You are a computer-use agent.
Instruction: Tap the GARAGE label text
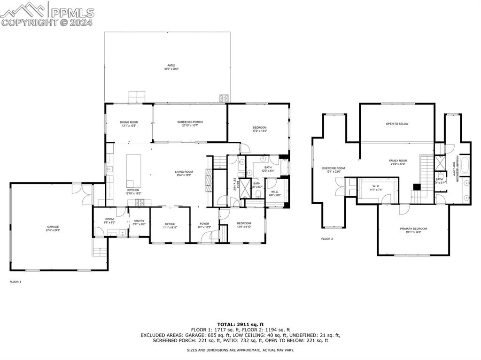pyautogui.click(x=53, y=227)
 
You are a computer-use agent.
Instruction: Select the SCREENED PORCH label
pyautogui.click(x=190, y=122)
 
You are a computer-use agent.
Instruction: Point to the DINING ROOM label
pyautogui.click(x=129, y=122)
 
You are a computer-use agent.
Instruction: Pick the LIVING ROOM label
pyautogui.click(x=184, y=172)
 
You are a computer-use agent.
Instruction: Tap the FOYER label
pyautogui.click(x=204, y=223)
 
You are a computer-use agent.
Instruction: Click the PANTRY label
pyautogui.click(x=139, y=221)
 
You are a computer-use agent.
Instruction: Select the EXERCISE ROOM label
pyautogui.click(x=334, y=168)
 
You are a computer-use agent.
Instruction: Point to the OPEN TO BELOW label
pyautogui.click(x=397, y=124)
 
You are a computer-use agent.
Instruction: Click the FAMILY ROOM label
pyautogui.click(x=398, y=161)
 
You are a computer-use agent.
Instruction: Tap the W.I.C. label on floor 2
pyautogui.click(x=376, y=186)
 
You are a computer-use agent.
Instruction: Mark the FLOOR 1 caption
pyautogui.click(x=16, y=282)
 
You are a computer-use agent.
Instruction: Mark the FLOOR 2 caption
pyautogui.click(x=327, y=239)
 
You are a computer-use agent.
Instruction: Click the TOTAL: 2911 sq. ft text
pyautogui.click(x=240, y=324)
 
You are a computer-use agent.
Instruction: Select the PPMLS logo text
pyautogui.click(x=72, y=12)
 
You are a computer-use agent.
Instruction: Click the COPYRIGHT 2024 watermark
pyautogui.click(x=47, y=22)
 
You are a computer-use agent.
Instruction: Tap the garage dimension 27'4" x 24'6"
pyautogui.click(x=53, y=230)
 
